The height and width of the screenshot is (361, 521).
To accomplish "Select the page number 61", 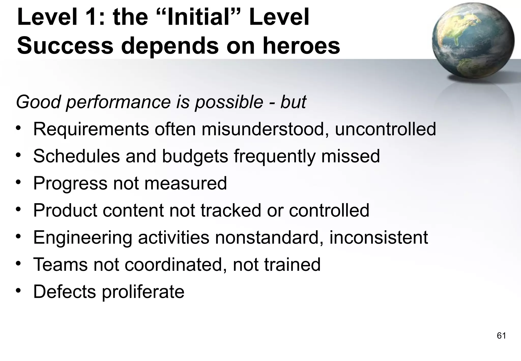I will (x=501, y=336).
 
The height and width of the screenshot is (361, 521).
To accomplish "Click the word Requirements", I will (x=91, y=129).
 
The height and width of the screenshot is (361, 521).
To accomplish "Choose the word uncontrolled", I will (x=385, y=129).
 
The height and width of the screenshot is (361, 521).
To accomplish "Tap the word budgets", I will (x=195, y=156).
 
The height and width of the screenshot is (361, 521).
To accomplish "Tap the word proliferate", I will (x=143, y=292).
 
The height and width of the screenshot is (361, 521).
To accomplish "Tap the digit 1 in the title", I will (x=92, y=17).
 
